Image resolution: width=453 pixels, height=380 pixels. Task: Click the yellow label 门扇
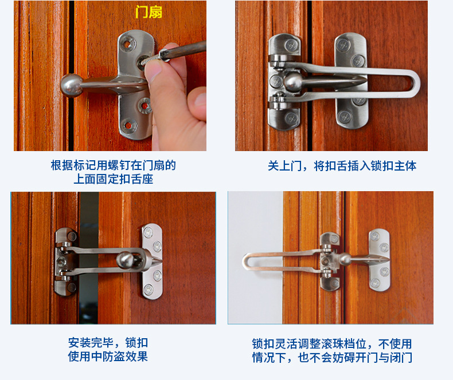[148, 12]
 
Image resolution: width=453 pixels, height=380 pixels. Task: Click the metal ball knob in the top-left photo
[71, 84]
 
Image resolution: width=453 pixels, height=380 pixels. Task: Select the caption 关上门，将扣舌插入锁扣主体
[342, 166]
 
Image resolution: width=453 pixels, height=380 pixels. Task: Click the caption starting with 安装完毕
[108, 350]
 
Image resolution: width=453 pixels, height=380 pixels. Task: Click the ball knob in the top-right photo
[293, 81]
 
